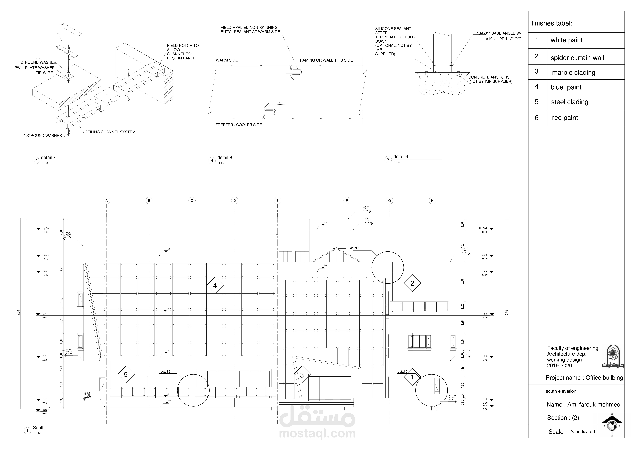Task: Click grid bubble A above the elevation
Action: point(106,200)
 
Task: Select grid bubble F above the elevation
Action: point(347,200)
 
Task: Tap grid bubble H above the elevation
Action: point(432,200)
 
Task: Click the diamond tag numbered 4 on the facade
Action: point(215,285)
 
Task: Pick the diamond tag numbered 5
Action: point(126,374)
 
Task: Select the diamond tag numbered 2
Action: point(412,283)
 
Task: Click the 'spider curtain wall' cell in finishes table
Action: point(577,58)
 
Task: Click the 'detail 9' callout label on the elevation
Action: point(165,371)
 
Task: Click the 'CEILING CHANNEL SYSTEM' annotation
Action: point(110,132)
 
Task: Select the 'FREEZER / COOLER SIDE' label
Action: point(238,125)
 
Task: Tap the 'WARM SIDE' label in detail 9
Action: point(226,60)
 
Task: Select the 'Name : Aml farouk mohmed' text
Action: point(583,404)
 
